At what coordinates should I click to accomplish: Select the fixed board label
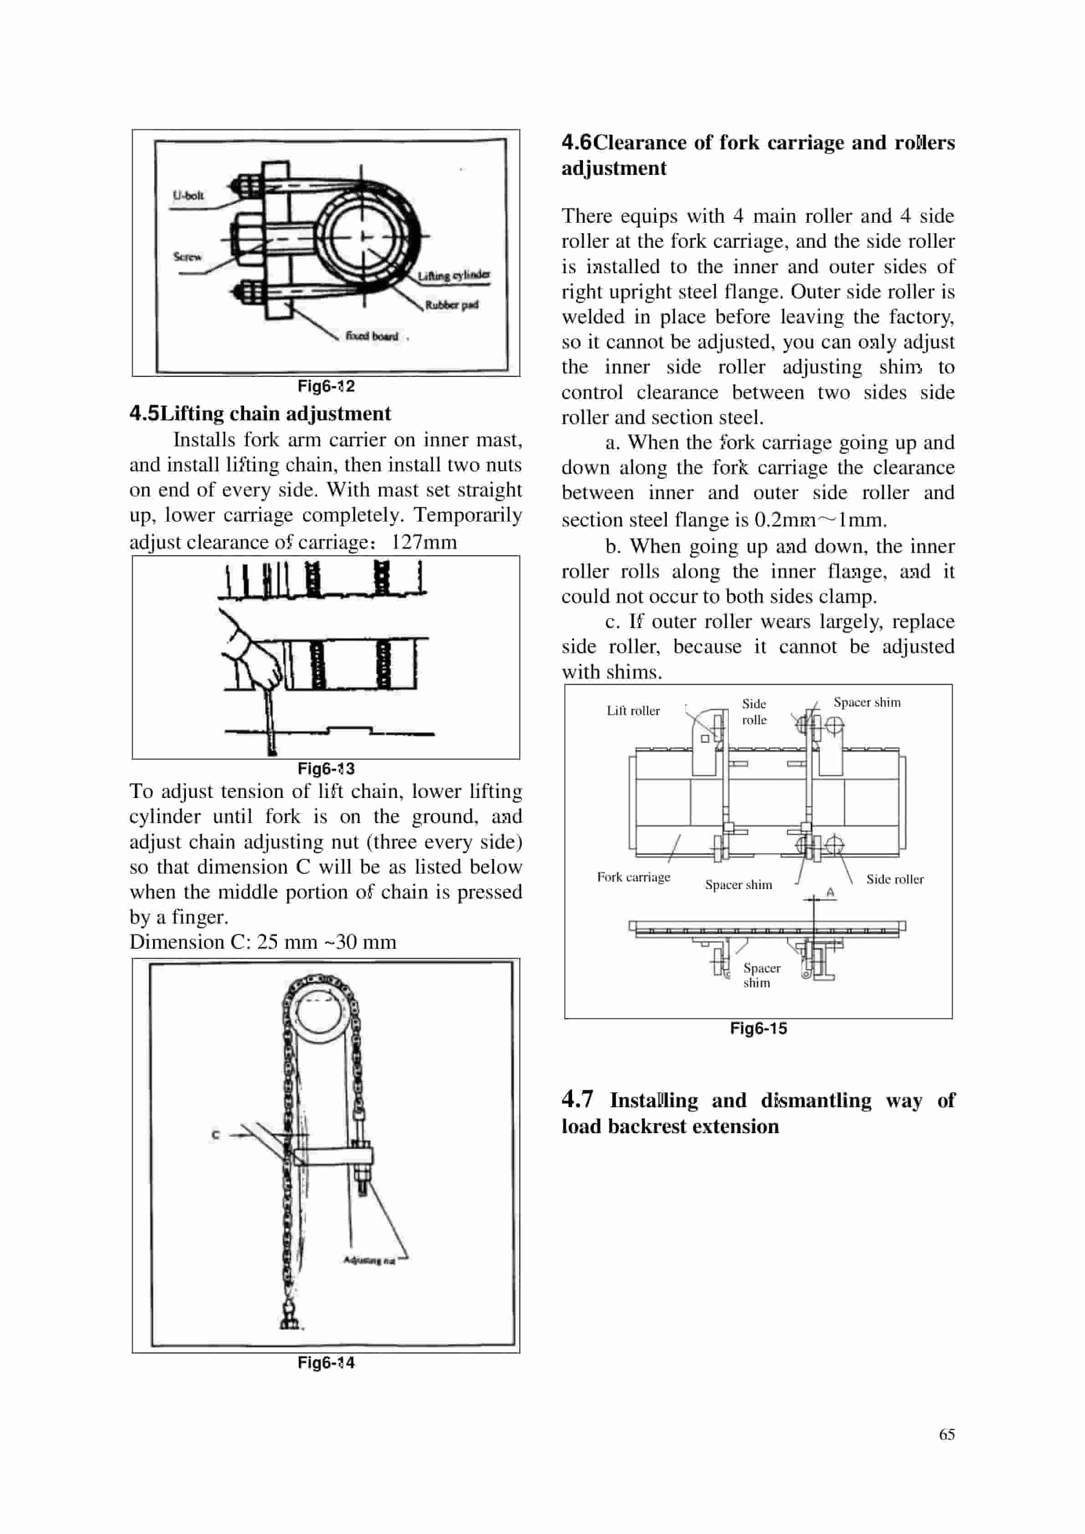[x=372, y=336]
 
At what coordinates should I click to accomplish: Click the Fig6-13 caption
[x=326, y=768]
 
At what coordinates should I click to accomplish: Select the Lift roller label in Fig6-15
[x=633, y=711]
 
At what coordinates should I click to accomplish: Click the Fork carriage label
[x=633, y=877]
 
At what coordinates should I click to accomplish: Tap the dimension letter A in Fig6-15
[x=830, y=893]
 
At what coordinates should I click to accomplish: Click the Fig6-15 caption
[x=757, y=1028]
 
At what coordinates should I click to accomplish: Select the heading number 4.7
[x=577, y=1099]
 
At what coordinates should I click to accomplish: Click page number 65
[x=946, y=1434]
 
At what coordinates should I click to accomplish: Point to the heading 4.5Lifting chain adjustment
[x=260, y=414]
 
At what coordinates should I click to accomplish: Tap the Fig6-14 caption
[x=326, y=1362]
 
